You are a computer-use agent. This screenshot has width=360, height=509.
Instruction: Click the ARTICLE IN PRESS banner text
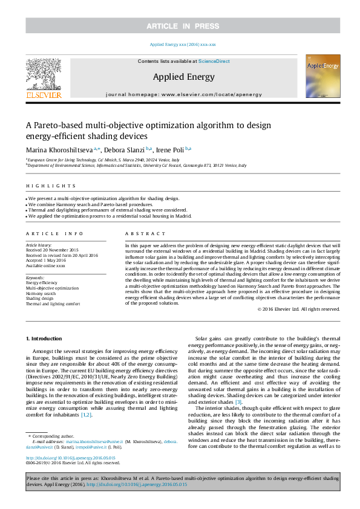(x=180, y=25)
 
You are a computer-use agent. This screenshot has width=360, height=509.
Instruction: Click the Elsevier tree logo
(x=43, y=76)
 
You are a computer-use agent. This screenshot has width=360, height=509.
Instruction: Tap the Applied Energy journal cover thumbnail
(x=322, y=76)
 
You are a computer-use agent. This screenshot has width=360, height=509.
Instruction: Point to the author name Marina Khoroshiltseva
(x=59, y=150)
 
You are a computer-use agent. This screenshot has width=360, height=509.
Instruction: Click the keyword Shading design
(x=39, y=299)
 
